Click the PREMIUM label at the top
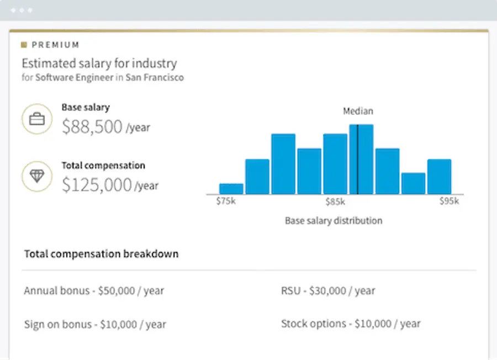tap(55, 45)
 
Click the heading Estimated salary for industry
tap(99, 63)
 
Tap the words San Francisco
tap(155, 78)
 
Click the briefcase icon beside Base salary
tap(37, 119)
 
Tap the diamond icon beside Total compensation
tap(37, 176)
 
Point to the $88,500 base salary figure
tap(92, 127)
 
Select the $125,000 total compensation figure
tap(97, 185)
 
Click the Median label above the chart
tap(358, 111)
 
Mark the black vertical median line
tap(357, 160)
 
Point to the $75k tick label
tap(225, 202)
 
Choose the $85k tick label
tap(335, 202)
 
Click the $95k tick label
tap(448, 202)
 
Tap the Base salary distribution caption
tap(334, 221)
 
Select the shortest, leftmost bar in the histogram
tap(231, 189)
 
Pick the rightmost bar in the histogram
tap(439, 177)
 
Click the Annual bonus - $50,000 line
tap(94, 290)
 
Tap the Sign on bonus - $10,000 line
tap(95, 324)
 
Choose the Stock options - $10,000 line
tap(351, 324)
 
